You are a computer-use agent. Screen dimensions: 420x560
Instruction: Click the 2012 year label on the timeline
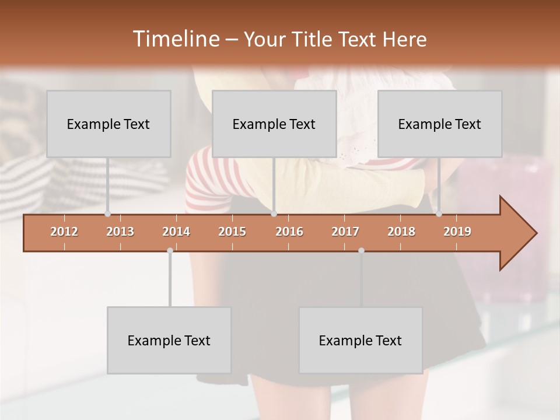(x=64, y=232)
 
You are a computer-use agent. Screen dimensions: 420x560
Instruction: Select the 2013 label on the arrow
(x=120, y=232)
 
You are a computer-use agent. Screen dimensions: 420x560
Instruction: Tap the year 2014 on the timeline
(x=176, y=232)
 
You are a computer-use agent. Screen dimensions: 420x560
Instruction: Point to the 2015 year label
(x=232, y=232)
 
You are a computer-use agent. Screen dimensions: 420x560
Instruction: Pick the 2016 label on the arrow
(x=289, y=232)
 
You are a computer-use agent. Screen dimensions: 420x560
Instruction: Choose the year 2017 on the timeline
(x=345, y=232)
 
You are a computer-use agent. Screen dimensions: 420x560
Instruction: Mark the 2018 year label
(x=401, y=232)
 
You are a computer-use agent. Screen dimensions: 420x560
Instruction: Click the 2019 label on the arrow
(x=457, y=232)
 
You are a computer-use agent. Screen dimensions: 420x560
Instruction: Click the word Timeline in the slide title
(x=175, y=39)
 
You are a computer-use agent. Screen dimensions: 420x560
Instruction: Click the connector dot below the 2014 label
(x=170, y=250)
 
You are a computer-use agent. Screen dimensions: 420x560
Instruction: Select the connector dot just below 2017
(x=361, y=250)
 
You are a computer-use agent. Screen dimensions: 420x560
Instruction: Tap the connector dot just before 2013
(x=107, y=214)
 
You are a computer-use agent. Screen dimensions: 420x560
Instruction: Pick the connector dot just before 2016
(x=274, y=214)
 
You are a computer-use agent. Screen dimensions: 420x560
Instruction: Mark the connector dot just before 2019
(x=439, y=214)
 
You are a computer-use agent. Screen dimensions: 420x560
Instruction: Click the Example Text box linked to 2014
(x=169, y=340)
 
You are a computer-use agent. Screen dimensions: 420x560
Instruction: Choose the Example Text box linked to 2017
(x=360, y=340)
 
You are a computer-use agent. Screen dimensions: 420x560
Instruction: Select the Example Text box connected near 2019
(x=440, y=124)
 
